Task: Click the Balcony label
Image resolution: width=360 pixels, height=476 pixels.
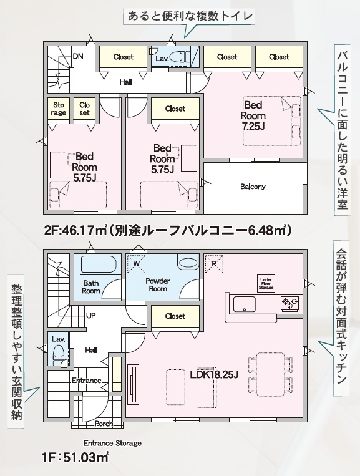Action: [x=253, y=187]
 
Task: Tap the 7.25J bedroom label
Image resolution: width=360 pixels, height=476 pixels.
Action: [x=253, y=115]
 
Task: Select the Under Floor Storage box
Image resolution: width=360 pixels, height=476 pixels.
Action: [x=266, y=283]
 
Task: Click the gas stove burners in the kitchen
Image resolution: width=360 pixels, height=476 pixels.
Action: [x=290, y=303]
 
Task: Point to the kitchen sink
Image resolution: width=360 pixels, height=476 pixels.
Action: [x=245, y=304]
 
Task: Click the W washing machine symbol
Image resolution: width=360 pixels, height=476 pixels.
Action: [x=136, y=263]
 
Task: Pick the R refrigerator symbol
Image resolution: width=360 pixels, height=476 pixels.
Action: [x=214, y=263]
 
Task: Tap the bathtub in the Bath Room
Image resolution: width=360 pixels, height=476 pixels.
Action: [x=99, y=265]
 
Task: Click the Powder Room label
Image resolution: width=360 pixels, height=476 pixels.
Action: [x=158, y=284]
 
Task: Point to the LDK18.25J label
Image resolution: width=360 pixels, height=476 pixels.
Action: [x=214, y=374]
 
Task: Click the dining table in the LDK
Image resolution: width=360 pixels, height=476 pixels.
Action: [x=270, y=374]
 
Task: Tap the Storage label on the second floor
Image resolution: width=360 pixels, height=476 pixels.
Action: [x=59, y=109]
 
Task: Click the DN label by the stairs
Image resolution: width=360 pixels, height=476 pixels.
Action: [x=78, y=56]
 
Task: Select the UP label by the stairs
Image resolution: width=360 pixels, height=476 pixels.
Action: [x=90, y=316]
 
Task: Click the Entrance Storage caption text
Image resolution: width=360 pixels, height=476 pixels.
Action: [x=112, y=443]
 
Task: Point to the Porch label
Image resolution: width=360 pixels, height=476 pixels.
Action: [x=104, y=423]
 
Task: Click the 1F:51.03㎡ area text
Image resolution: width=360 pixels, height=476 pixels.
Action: [x=75, y=457]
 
